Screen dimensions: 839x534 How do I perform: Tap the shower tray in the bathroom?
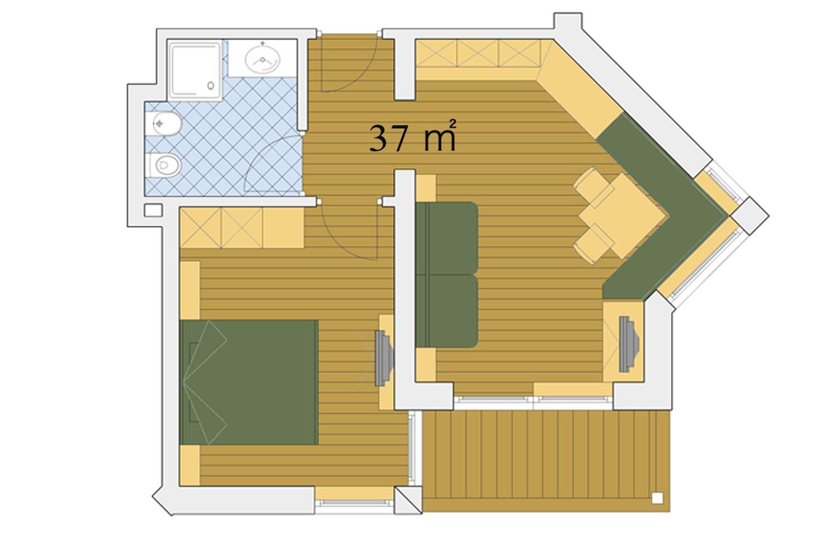coord(195,70)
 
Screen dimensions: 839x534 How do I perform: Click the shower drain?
coord(210,85)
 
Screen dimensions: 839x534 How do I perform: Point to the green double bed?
coord(249,382)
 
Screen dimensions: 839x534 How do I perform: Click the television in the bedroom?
coord(383,358)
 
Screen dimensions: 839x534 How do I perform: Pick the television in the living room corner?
coord(629,344)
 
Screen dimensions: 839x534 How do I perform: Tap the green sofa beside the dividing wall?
coord(446,274)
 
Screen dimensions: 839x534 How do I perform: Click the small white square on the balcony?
coord(657,498)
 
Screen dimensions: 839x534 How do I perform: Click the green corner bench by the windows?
coord(663,209)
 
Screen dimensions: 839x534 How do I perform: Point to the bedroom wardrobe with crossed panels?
coord(242,228)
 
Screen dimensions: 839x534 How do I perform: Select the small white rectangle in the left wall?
coord(153,210)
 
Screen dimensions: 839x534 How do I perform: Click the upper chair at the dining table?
coord(593,188)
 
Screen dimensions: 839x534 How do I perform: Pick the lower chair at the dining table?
coord(593,244)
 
